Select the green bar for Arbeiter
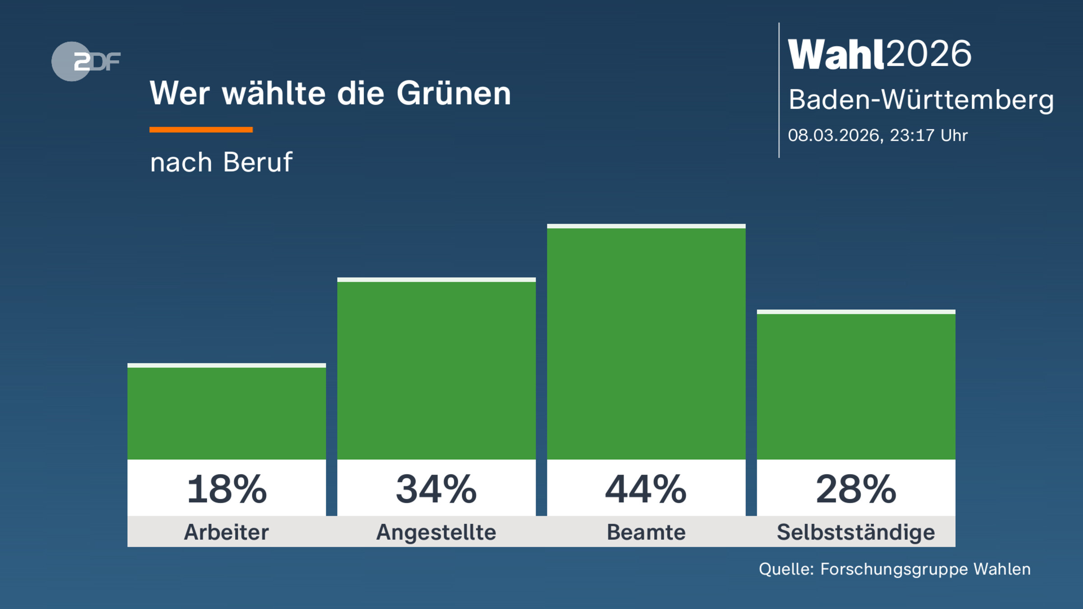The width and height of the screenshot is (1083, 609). pyautogui.click(x=227, y=413)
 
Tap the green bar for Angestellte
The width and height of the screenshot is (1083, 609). pyautogui.click(x=436, y=370)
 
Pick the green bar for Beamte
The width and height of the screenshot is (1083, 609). pyautogui.click(x=646, y=343)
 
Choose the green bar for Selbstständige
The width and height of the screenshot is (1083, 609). pyautogui.click(x=856, y=386)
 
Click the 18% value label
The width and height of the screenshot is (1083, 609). pyautogui.click(x=227, y=489)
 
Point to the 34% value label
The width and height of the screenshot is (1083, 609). pyautogui.click(x=436, y=489)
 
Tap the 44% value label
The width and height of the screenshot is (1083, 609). pyautogui.click(x=646, y=489)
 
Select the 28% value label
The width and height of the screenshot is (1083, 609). pyautogui.click(x=856, y=489)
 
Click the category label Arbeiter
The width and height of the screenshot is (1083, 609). pyautogui.click(x=227, y=532)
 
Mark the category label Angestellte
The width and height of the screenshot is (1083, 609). pyautogui.click(x=436, y=532)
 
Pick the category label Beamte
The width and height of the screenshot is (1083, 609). pyautogui.click(x=646, y=532)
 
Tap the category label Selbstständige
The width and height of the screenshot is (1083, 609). pyautogui.click(x=856, y=532)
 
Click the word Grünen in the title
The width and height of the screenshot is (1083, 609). pyautogui.click(x=454, y=94)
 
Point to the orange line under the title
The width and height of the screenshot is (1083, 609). pyautogui.click(x=201, y=130)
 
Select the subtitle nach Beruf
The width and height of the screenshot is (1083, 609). pyautogui.click(x=221, y=162)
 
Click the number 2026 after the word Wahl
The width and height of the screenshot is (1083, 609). pyautogui.click(x=929, y=54)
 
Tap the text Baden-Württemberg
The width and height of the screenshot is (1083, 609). pyautogui.click(x=921, y=100)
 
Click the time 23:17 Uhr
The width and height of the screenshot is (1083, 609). pyautogui.click(x=929, y=135)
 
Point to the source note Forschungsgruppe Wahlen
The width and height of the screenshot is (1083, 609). pyautogui.click(x=925, y=569)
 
